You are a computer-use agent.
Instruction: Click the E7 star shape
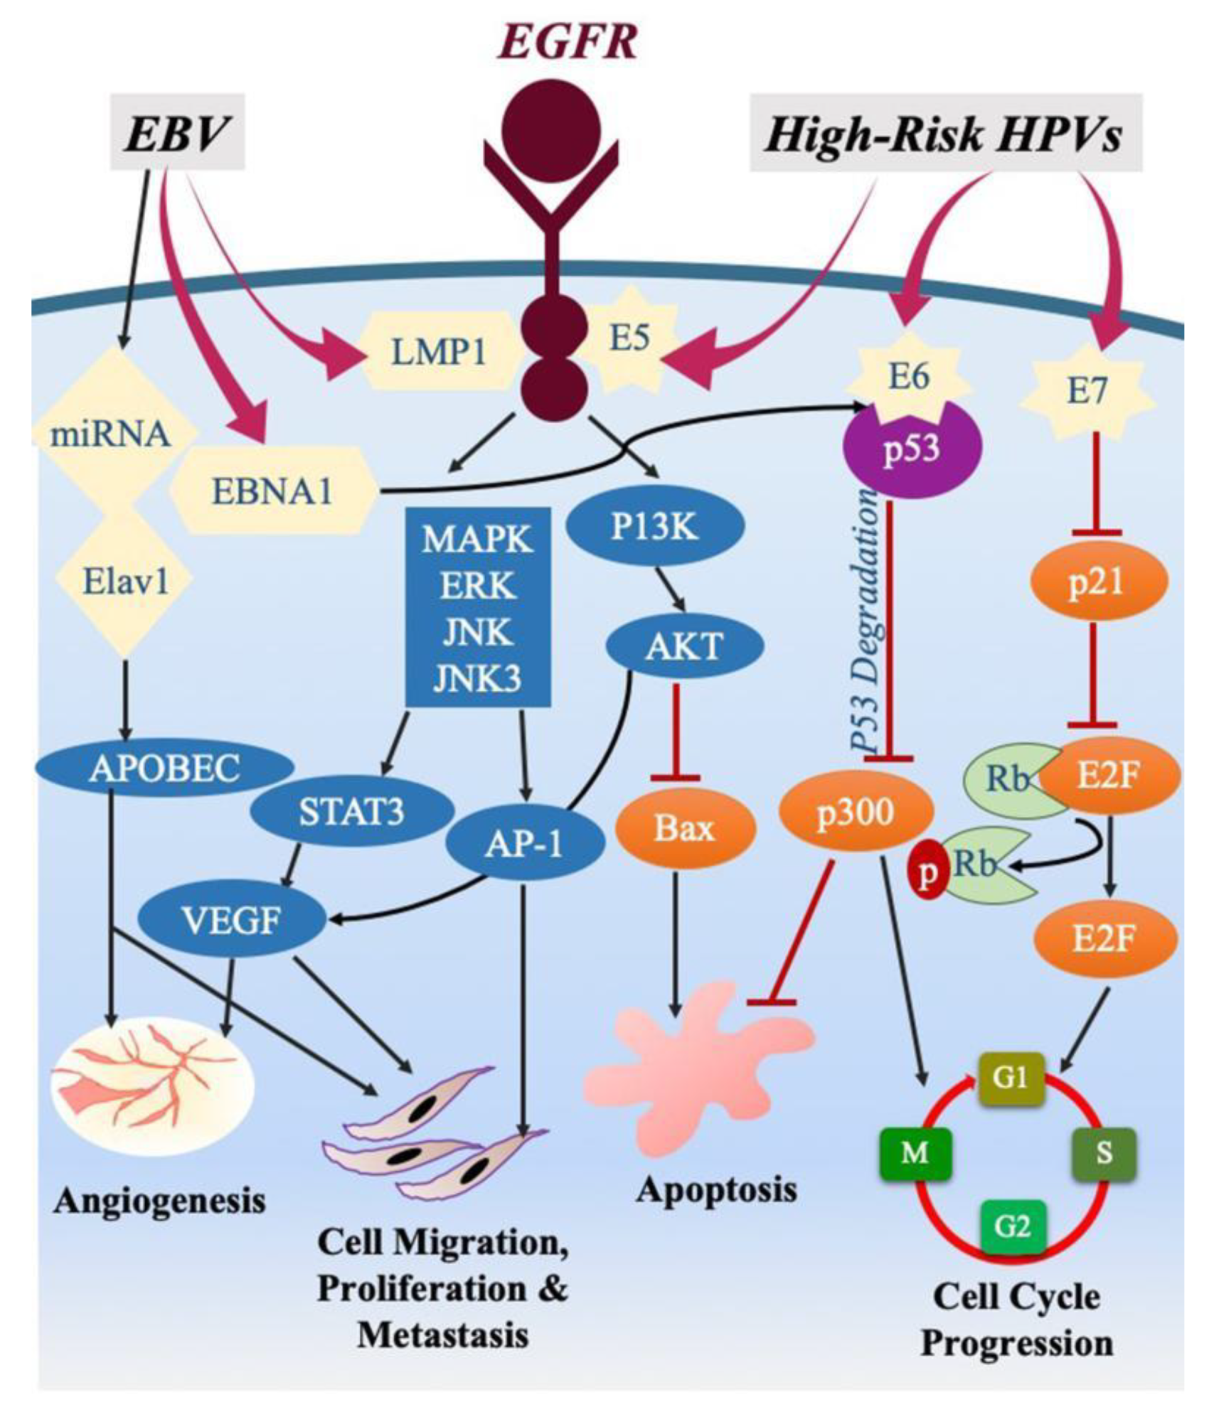coord(1087,392)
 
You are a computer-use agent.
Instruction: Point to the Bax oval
coord(684,828)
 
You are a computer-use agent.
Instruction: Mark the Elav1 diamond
coord(125,581)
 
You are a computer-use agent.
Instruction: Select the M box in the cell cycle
coord(914,1153)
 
